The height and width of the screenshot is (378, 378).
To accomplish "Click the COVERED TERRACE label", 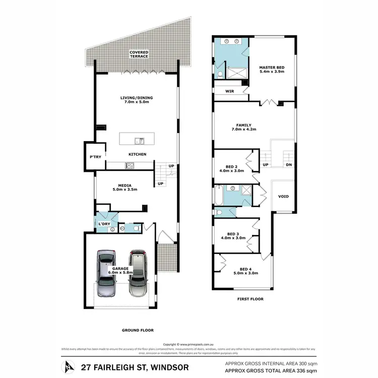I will point(139,54).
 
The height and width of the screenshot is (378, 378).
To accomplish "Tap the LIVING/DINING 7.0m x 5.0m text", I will point(136,100).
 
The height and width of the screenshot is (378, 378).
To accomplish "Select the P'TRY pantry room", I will point(95,156).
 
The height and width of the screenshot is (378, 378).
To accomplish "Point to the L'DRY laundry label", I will point(104,223).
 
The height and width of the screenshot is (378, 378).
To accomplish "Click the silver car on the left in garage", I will point(107,274).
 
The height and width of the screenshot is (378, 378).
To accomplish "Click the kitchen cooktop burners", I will point(130,165).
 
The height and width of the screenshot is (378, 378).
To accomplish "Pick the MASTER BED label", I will point(272,69).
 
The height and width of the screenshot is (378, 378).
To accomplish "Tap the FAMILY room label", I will point(244,128).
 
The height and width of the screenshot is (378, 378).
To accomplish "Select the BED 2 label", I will point(232,168).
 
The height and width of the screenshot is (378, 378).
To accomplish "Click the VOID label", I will point(283,197).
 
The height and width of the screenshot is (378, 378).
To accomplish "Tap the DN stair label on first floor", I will point(288,165).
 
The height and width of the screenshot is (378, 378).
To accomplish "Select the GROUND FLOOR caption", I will point(138,330).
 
